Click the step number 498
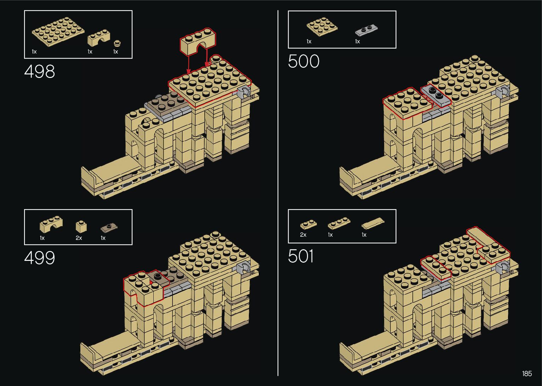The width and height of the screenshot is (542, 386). click(x=40, y=72)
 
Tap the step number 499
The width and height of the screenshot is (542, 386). click(x=40, y=258)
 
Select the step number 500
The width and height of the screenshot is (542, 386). click(x=303, y=61)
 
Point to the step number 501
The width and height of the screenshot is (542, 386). click(x=301, y=256)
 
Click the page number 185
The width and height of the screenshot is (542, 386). click(x=527, y=374)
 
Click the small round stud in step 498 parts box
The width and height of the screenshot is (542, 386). click(x=117, y=44)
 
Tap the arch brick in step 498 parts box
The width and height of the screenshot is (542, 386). click(x=99, y=38)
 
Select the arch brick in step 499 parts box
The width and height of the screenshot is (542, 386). click(x=51, y=224)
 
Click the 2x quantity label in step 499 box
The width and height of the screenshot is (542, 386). click(x=79, y=238)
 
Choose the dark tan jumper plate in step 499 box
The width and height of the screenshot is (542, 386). click(x=109, y=226)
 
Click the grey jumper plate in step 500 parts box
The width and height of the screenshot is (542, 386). click(x=367, y=30)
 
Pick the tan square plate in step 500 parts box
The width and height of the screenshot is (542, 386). click(x=322, y=27)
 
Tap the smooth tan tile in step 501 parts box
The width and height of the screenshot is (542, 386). click(x=373, y=223)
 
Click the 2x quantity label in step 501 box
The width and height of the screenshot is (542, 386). click(x=303, y=235)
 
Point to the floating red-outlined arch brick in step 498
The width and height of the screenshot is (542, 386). click(x=198, y=42)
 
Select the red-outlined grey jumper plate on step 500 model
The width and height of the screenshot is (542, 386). click(x=436, y=95)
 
